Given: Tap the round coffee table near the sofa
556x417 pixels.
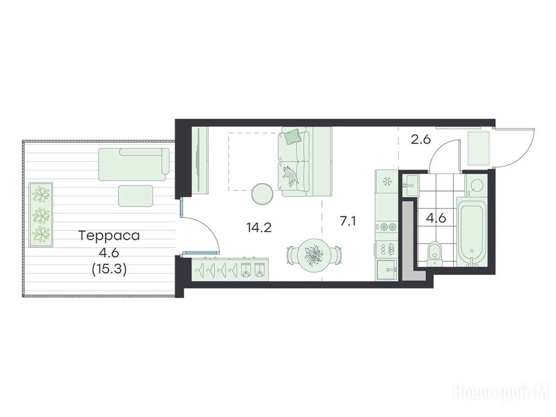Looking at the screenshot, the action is [262, 194].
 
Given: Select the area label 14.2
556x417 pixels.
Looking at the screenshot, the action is [259, 228].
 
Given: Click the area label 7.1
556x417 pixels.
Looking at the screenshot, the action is [347, 222].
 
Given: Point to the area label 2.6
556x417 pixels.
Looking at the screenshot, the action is [421, 140].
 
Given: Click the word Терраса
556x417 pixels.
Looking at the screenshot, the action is [109, 236].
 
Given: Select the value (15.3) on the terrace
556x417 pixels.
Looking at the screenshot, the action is [109, 269].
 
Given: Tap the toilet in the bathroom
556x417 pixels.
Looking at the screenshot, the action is [434, 253].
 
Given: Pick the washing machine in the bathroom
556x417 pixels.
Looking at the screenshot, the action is [475, 185].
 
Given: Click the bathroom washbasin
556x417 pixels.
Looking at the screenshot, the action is [410, 185].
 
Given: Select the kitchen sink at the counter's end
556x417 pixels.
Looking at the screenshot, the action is [387, 270].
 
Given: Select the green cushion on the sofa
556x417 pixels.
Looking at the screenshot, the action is [293, 136].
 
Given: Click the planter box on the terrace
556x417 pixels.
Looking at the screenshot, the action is [41, 215].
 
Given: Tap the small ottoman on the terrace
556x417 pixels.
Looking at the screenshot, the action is [135, 195].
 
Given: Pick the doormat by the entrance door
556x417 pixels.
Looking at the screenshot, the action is [479, 148].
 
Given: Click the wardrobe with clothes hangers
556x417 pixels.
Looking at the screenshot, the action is [230, 270].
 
